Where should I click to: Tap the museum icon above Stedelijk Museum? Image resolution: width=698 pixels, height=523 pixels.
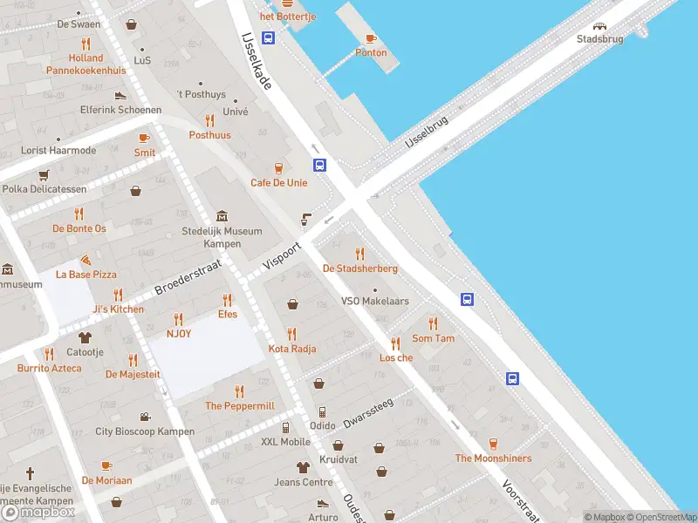point(222,216)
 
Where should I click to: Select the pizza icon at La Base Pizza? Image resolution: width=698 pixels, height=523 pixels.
point(86,261)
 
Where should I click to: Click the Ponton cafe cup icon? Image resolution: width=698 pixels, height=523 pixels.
point(370,38)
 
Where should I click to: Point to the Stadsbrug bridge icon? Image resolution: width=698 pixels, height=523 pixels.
point(599,25)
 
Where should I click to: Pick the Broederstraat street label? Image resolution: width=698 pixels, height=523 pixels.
point(188,277)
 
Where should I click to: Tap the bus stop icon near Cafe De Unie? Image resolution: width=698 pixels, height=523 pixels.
point(320,165)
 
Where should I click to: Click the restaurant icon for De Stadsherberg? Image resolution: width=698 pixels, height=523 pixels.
point(359,254)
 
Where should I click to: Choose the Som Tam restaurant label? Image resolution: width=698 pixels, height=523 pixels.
point(434,338)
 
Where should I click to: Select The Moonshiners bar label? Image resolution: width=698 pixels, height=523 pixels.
point(493,458)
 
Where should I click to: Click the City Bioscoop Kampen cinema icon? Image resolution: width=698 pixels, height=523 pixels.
point(145,417)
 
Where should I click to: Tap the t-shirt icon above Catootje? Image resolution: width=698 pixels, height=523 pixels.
point(85,337)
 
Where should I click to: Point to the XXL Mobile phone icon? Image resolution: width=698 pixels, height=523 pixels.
point(285,427)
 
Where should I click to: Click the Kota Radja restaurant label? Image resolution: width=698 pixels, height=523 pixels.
point(292,349)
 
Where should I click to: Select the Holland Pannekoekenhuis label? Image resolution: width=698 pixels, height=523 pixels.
point(86,65)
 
